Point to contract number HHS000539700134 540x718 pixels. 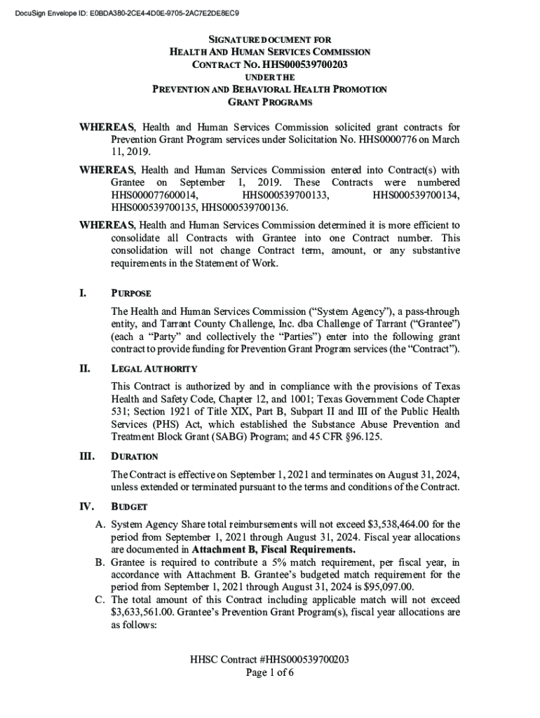click(x=417, y=195)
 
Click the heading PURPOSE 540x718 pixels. click(x=131, y=293)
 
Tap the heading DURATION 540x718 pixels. click(x=135, y=456)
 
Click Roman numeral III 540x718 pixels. click(x=86, y=456)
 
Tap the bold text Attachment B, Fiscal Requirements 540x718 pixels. click(x=274, y=549)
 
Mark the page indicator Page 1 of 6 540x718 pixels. click(x=269, y=673)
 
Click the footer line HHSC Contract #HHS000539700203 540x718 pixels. click(x=269, y=660)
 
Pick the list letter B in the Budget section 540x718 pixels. click(x=99, y=562)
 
